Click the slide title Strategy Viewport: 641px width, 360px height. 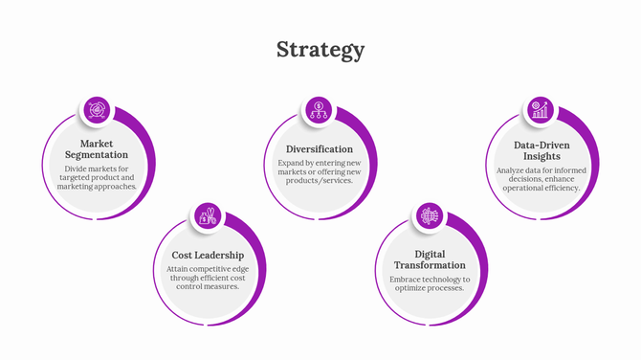320,50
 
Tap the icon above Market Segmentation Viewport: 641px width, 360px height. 97,110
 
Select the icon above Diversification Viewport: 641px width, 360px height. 320,110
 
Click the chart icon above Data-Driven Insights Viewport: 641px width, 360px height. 542,110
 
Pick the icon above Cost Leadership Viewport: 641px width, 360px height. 208,216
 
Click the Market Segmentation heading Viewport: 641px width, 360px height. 97,148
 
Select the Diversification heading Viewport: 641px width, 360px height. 320,149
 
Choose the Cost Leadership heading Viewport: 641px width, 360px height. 208,256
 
